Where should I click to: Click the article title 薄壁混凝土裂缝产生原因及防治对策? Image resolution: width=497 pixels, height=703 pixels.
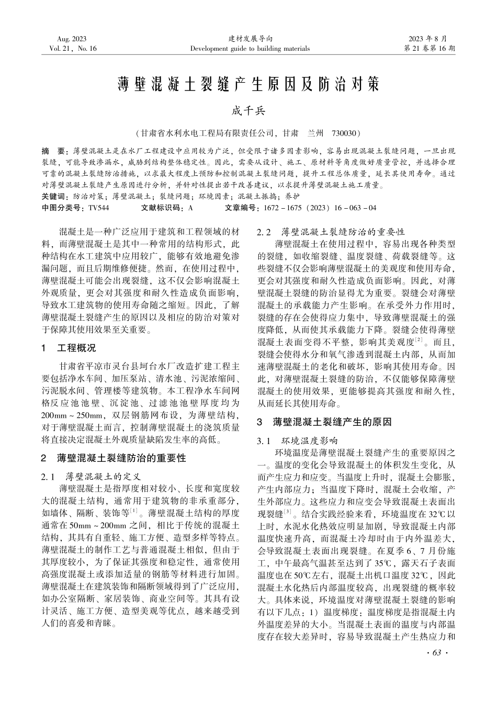click(248, 85)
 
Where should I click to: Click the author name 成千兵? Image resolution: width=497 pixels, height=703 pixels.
click(249, 111)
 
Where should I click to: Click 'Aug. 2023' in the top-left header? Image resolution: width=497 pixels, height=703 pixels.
click(72, 39)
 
